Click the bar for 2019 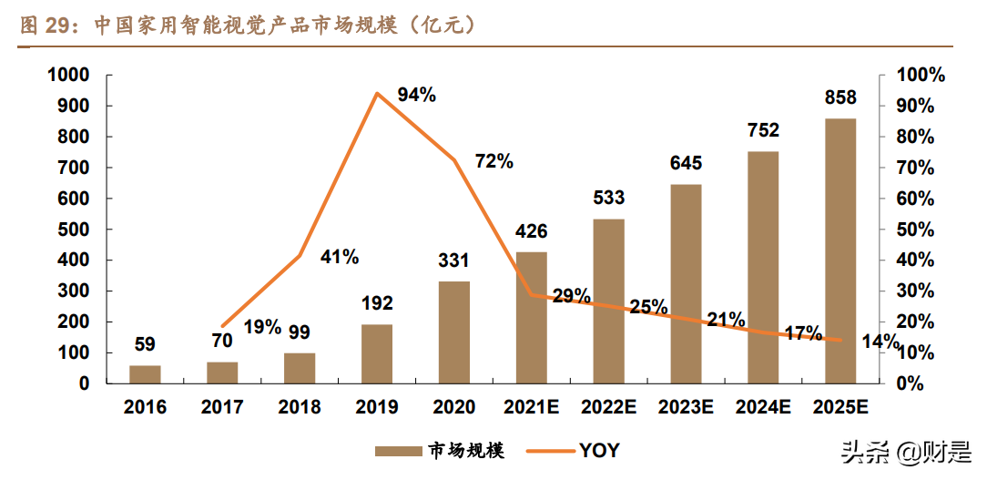click(377, 353)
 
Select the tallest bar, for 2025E click(840, 250)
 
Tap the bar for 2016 click(145, 373)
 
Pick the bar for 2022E click(609, 301)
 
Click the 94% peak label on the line click(417, 95)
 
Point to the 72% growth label click(494, 162)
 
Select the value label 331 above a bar click(453, 261)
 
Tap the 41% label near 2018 click(340, 257)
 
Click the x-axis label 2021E click(532, 406)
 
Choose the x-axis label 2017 click(221, 406)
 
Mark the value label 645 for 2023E click(686, 164)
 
